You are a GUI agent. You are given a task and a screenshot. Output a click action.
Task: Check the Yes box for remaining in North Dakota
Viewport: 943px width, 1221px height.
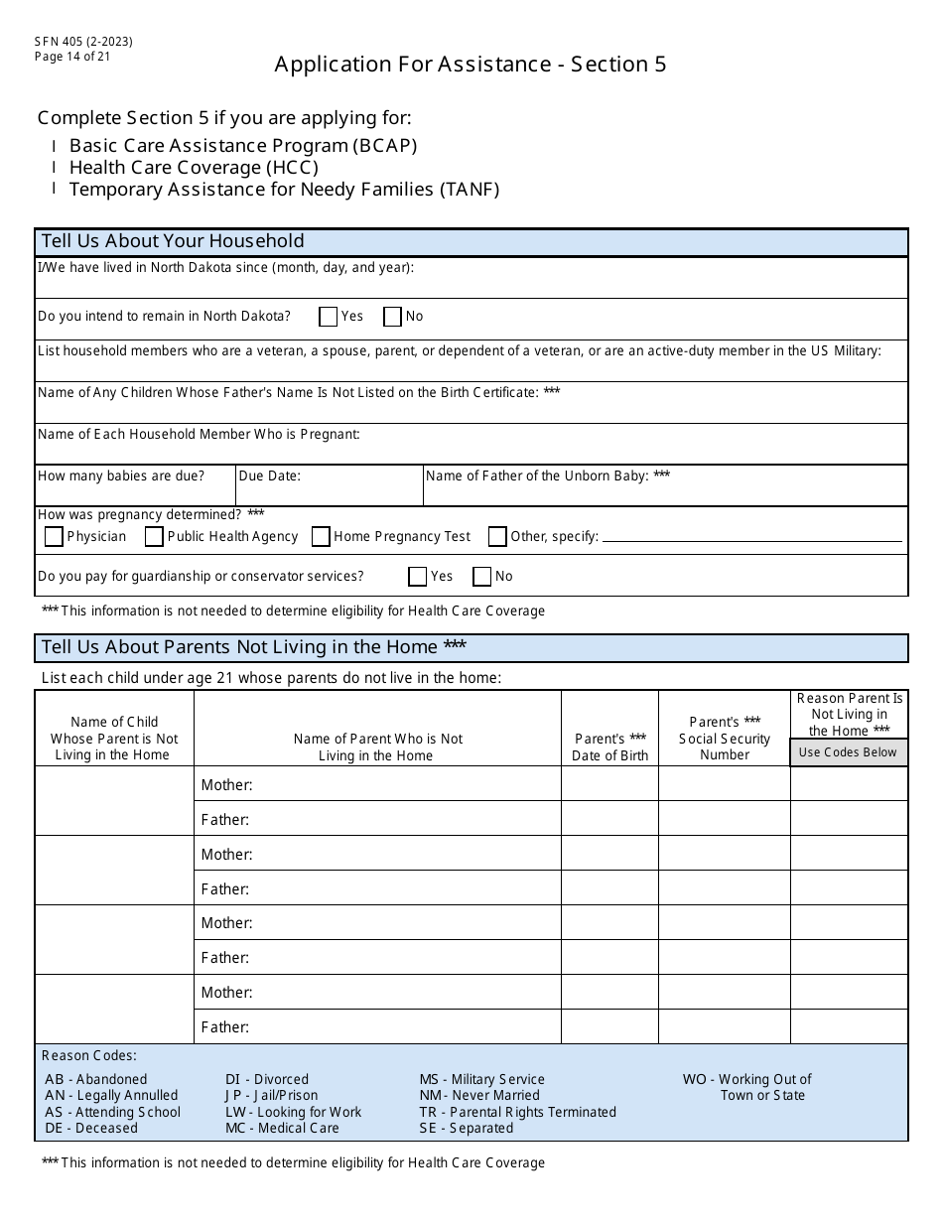click(329, 317)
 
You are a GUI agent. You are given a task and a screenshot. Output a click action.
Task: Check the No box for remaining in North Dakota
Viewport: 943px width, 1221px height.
click(392, 317)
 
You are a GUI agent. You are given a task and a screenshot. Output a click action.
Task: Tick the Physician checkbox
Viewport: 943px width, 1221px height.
click(55, 537)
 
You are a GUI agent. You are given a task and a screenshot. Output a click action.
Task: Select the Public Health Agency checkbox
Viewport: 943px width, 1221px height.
click(154, 537)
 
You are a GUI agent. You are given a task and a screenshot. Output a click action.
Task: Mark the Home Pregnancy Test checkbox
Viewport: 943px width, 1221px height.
click(321, 537)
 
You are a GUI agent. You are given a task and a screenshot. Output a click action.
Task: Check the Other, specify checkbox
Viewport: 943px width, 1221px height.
click(497, 537)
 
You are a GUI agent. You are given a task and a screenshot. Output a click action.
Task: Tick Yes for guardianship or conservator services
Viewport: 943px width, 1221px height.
click(418, 577)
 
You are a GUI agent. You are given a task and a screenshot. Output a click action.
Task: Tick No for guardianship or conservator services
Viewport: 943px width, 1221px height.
click(481, 577)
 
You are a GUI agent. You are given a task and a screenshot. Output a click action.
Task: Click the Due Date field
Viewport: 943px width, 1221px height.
click(329, 490)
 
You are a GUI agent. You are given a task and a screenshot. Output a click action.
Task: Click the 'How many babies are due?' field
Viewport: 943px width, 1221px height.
click(135, 490)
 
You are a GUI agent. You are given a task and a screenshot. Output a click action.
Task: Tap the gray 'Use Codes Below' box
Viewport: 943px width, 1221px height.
click(848, 752)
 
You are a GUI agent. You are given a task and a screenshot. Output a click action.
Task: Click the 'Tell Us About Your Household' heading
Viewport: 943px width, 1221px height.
click(173, 241)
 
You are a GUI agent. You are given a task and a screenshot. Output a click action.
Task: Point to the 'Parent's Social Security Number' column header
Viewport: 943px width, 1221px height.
click(725, 739)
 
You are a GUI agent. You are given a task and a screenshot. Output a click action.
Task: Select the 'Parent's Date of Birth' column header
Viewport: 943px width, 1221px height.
click(609, 746)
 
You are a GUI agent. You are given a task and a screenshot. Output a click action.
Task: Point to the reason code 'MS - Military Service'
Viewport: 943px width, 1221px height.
click(481, 1079)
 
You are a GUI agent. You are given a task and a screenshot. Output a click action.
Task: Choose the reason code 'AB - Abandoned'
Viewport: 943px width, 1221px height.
click(96, 1079)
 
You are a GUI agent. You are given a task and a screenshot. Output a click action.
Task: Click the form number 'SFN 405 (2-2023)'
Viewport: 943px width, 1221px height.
click(83, 42)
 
